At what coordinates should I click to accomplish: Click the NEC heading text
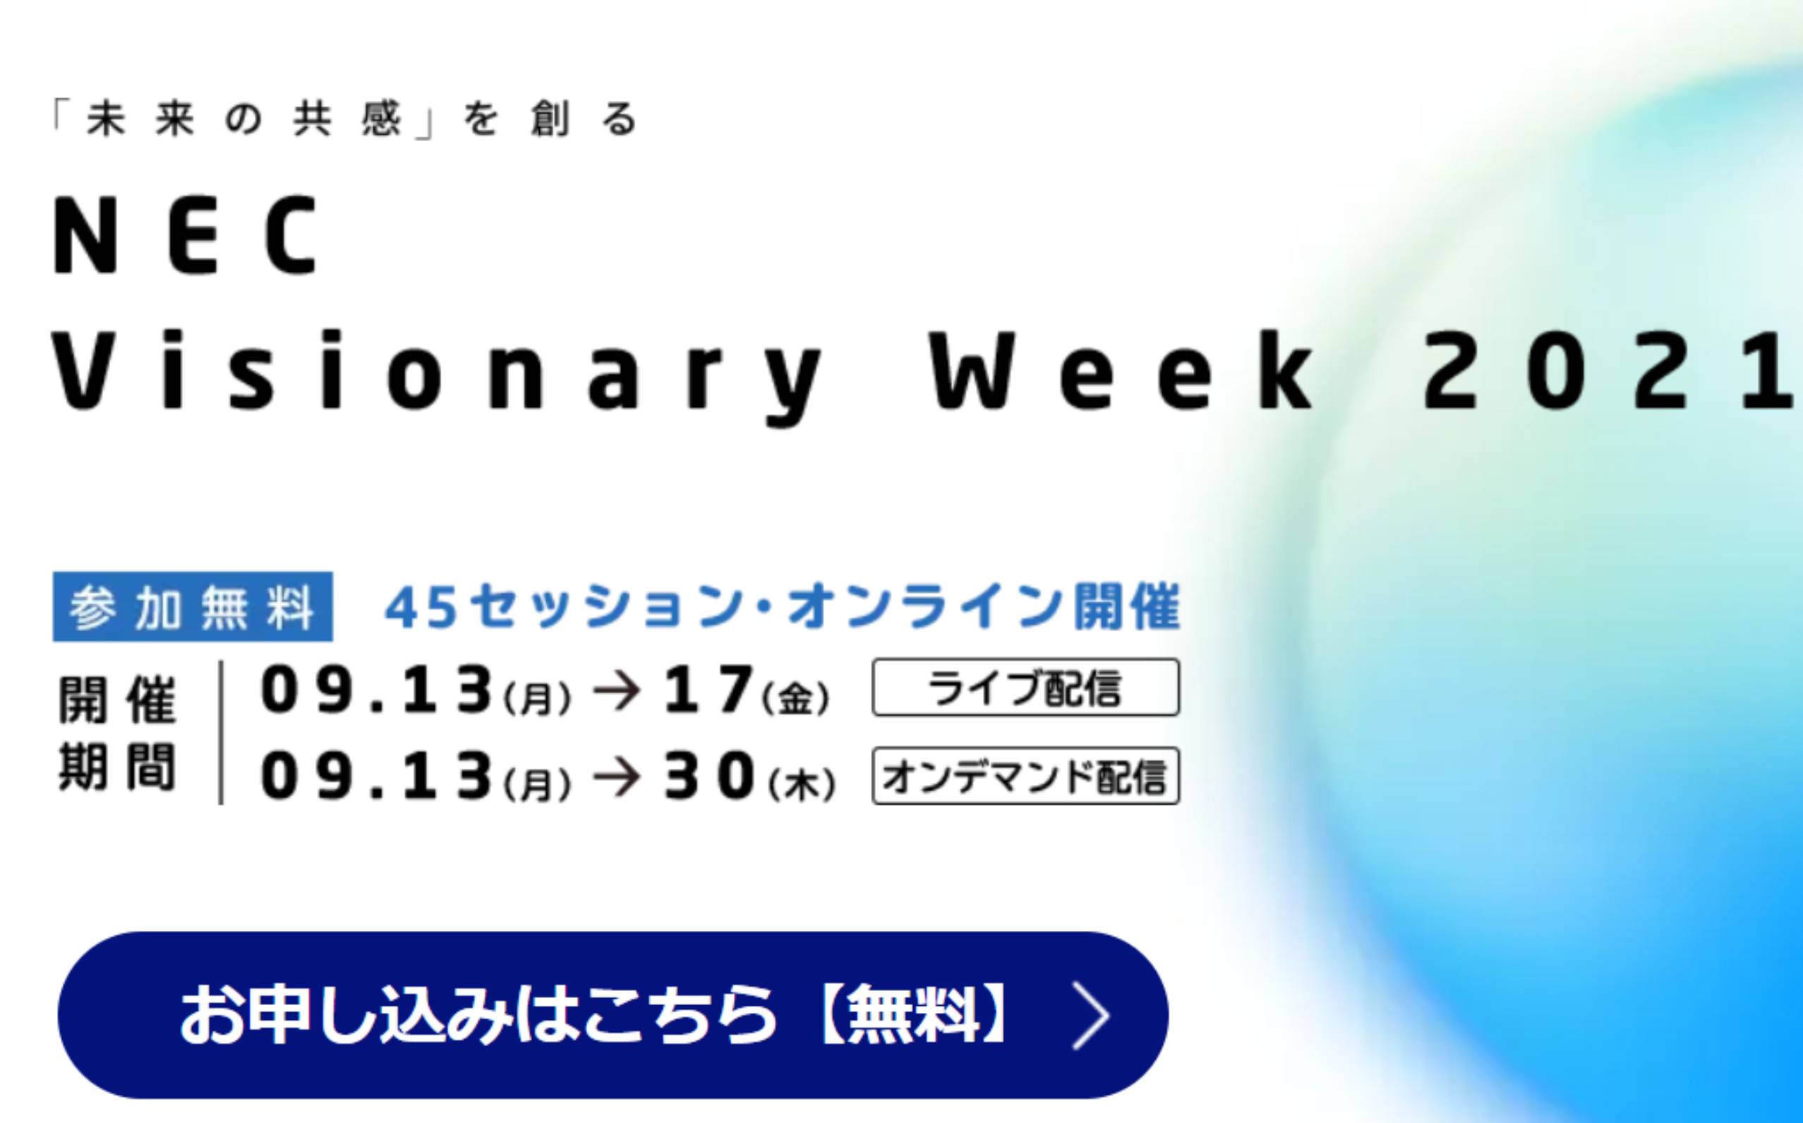pyautogui.click(x=186, y=236)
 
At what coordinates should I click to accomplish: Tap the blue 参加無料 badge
pyautogui.click(x=193, y=606)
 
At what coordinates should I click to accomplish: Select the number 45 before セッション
pyautogui.click(x=421, y=606)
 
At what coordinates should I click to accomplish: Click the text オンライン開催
pyautogui.click(x=984, y=606)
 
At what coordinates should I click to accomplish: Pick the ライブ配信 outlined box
pyautogui.click(x=1025, y=687)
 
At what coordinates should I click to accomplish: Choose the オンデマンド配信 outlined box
pyautogui.click(x=1025, y=776)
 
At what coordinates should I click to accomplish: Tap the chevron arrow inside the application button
pyautogui.click(x=1092, y=1015)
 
